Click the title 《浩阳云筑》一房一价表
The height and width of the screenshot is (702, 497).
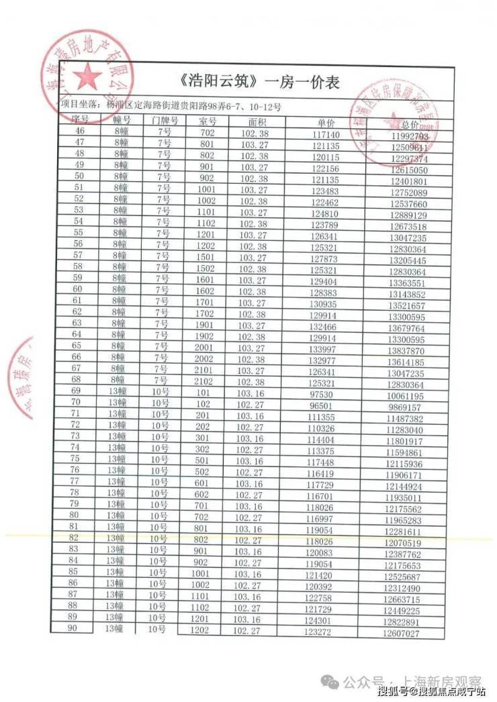pos(260,83)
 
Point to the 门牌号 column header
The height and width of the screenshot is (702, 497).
pos(165,121)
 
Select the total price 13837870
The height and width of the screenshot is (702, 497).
pos(406,351)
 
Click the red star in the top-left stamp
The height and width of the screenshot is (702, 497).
pos(88,78)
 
